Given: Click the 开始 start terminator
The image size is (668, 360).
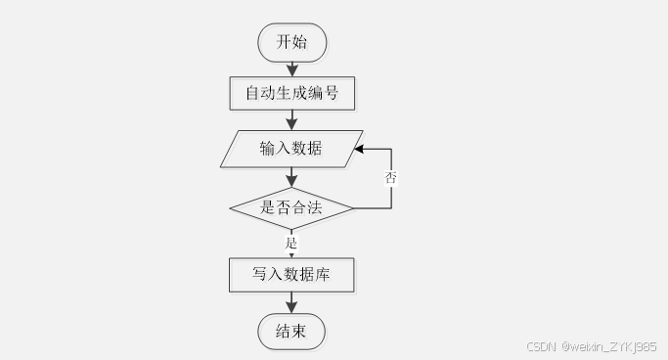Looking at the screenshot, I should click(x=291, y=41).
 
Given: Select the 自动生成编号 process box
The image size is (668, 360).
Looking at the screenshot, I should click(x=291, y=94).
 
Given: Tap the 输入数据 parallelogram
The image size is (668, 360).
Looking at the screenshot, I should click(x=291, y=149).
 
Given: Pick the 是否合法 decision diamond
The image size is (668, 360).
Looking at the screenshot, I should click(x=291, y=207).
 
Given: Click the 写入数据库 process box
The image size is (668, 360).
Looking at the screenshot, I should click(x=291, y=276).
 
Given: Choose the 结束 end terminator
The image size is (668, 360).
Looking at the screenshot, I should click(x=291, y=332).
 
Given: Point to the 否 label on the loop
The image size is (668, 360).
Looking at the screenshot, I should click(x=391, y=178).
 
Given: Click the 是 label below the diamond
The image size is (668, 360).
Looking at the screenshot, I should click(x=290, y=241).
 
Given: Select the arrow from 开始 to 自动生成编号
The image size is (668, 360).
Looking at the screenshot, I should click(x=291, y=67).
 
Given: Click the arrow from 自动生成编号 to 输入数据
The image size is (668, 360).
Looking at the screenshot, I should click(x=291, y=120).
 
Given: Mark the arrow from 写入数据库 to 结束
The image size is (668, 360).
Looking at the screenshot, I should click(x=291, y=303).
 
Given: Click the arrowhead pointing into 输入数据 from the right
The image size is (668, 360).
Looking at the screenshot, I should click(x=360, y=150).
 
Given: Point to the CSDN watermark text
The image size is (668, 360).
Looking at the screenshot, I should click(x=540, y=346).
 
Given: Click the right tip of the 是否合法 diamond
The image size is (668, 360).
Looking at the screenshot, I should click(x=353, y=207).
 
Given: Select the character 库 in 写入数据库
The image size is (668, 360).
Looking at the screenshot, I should click(x=322, y=276).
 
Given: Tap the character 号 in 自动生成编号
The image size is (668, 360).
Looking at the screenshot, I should click(x=334, y=94).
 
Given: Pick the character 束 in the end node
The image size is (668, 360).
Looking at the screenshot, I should click(x=300, y=332).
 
